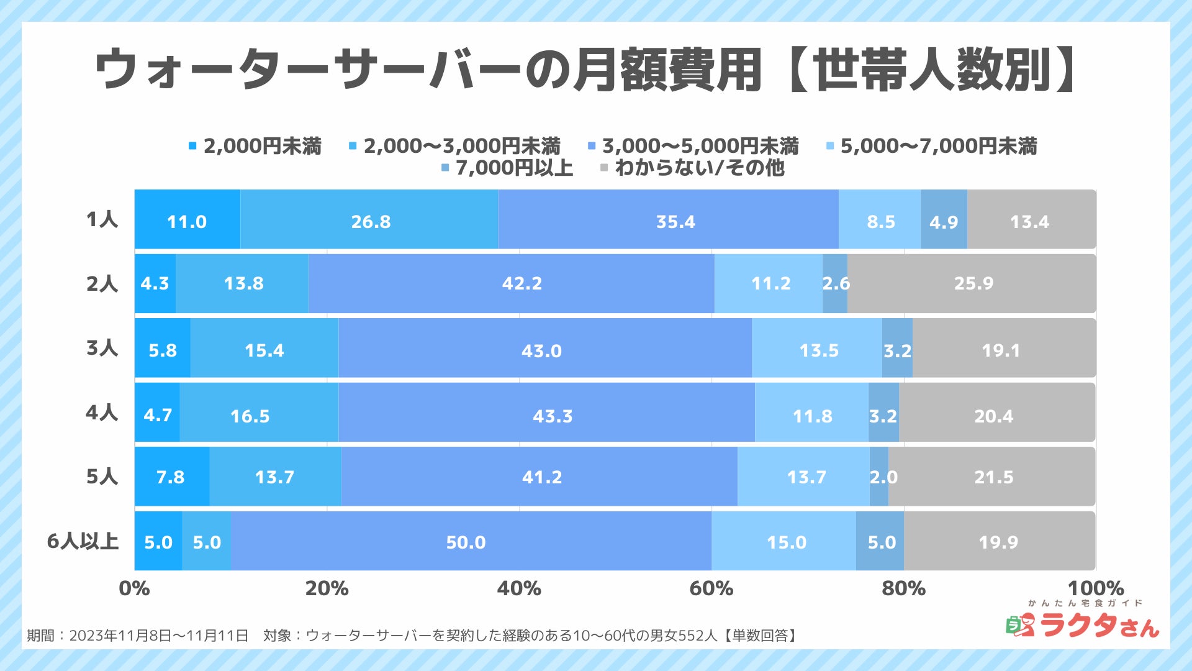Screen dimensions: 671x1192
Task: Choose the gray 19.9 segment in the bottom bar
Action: point(999,541)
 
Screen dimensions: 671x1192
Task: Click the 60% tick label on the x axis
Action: point(711,588)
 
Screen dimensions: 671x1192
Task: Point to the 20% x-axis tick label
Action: point(327,588)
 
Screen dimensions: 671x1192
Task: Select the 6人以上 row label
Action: point(83,541)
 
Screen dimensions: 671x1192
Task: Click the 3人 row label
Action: point(102,348)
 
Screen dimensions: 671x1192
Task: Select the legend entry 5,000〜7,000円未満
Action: point(937,146)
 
